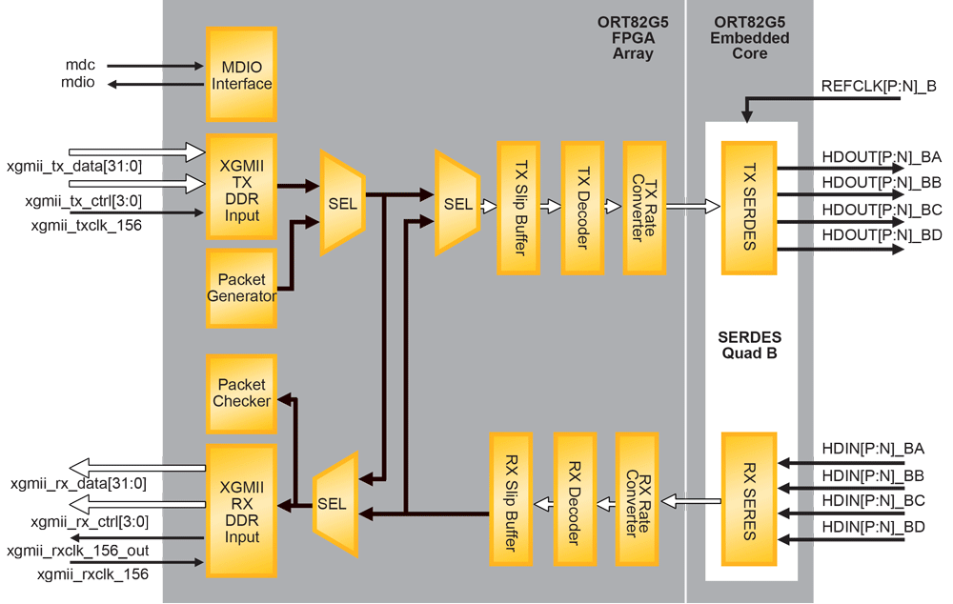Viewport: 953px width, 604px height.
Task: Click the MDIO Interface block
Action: point(241,74)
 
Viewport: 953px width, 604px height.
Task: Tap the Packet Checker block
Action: point(241,393)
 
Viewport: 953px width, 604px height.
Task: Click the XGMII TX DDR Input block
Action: point(241,186)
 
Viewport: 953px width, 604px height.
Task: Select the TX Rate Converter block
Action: point(643,208)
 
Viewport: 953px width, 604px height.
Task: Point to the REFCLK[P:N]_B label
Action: point(878,86)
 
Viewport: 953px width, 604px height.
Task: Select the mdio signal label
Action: point(81,84)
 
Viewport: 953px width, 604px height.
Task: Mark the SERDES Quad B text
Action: point(750,345)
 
